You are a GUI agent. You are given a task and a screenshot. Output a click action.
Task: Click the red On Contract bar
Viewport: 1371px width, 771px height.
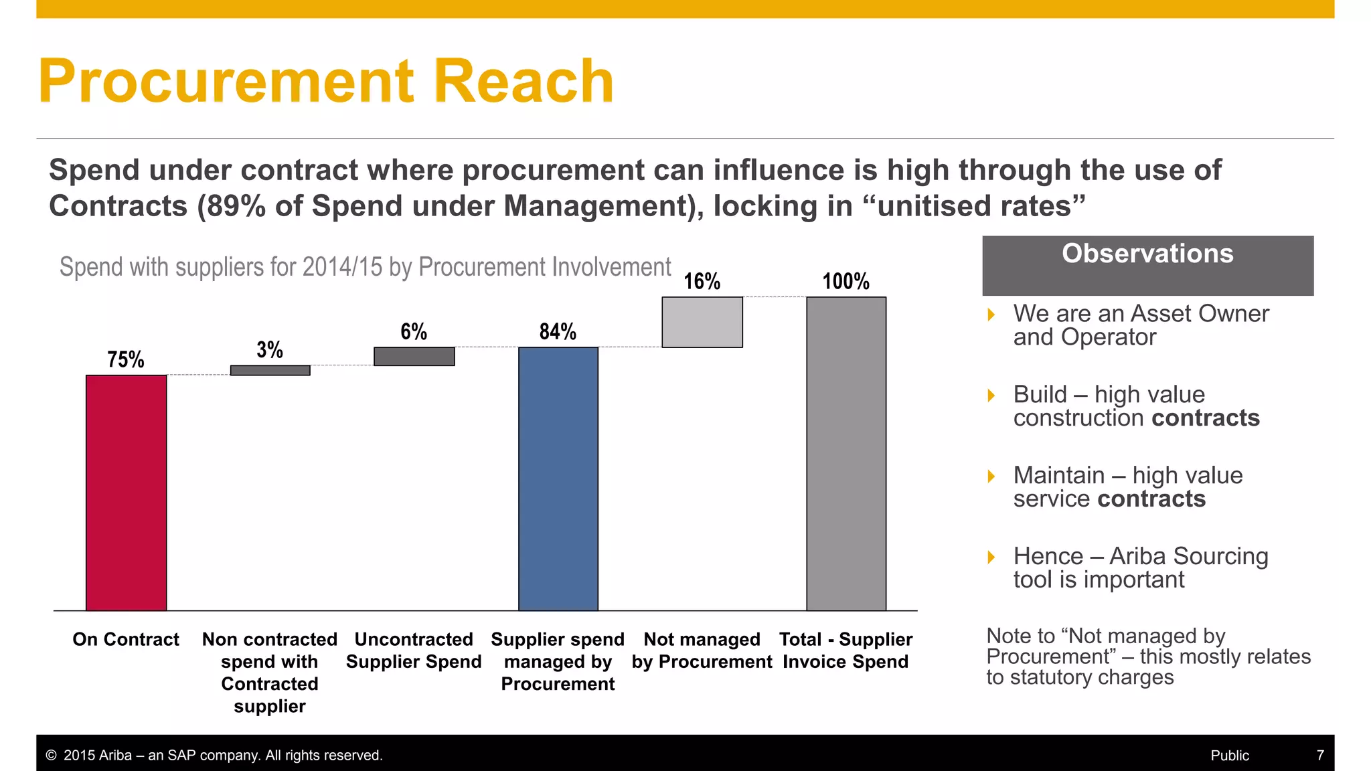pos(126,493)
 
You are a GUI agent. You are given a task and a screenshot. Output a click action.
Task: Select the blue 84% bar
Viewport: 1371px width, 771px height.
pos(558,479)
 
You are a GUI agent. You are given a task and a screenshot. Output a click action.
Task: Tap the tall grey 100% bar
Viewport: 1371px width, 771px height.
pos(846,454)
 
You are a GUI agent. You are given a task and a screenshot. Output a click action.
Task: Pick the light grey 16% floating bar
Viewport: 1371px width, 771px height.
pos(702,322)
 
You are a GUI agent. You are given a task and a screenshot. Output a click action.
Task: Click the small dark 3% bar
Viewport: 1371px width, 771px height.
pos(270,370)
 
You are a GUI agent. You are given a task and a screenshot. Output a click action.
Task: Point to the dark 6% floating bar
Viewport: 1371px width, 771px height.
pos(414,356)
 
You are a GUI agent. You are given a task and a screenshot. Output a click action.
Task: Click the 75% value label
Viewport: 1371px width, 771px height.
pos(126,360)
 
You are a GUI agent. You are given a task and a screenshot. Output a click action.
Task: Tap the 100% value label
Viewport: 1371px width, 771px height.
pos(846,281)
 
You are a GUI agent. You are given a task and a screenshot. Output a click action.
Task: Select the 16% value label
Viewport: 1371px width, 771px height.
pos(702,281)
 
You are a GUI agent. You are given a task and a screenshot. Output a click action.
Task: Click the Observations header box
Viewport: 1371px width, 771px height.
pos(1147,266)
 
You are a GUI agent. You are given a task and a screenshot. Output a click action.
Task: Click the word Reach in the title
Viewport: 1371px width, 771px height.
pos(523,82)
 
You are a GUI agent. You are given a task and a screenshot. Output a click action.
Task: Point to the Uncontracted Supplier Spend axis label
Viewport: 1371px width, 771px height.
pos(414,651)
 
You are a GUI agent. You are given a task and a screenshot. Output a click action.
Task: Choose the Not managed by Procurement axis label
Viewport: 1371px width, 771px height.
pos(702,651)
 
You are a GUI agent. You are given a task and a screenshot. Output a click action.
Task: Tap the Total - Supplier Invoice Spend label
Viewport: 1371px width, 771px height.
pos(845,651)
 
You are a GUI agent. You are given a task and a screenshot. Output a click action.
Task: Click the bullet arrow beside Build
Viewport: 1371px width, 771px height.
pos(991,396)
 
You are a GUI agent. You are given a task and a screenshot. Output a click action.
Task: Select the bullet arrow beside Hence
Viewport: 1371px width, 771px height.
pos(991,557)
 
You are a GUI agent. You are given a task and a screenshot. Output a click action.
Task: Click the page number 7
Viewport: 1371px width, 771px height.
pos(1320,756)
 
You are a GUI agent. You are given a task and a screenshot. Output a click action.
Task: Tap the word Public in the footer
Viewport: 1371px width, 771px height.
pos(1230,756)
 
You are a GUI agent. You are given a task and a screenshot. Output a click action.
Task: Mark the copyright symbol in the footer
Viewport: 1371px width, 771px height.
pos(51,756)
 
